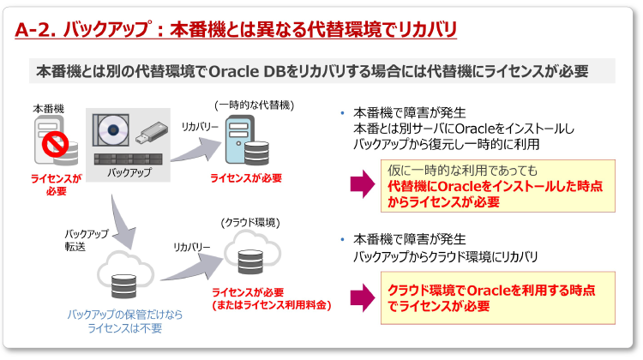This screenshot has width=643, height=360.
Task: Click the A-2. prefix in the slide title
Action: pyautogui.click(x=38, y=30)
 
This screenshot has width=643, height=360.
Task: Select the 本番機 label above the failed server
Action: pyautogui.click(x=48, y=109)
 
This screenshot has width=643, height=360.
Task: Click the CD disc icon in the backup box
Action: pyautogui.click(x=115, y=131)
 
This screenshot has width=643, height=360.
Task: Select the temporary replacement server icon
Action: pyautogui.click(x=244, y=142)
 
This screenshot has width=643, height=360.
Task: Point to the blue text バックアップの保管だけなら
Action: pyautogui.click(x=126, y=314)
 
